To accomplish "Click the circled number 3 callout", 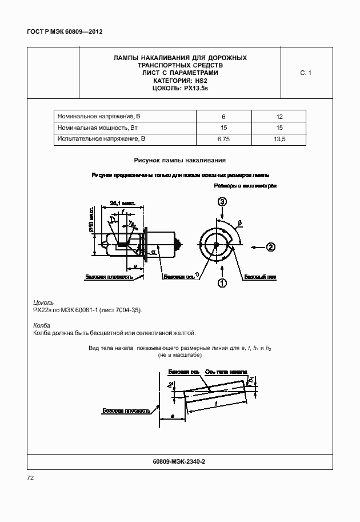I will click(222, 201).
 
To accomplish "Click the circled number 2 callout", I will click(271, 247).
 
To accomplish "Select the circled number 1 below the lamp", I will click(222, 282).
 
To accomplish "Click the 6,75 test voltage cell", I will click(223, 139).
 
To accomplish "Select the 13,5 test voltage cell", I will click(279, 139).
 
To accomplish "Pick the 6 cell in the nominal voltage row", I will click(223, 116).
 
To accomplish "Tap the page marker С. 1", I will click(305, 73).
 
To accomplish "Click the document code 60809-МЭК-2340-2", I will click(179, 461).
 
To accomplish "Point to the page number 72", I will click(31, 477).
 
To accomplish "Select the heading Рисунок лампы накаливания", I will click(180, 161).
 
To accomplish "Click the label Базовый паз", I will click(260, 277).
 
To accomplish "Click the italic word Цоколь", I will click(44, 301).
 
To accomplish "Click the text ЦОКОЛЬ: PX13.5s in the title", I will click(180, 88).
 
